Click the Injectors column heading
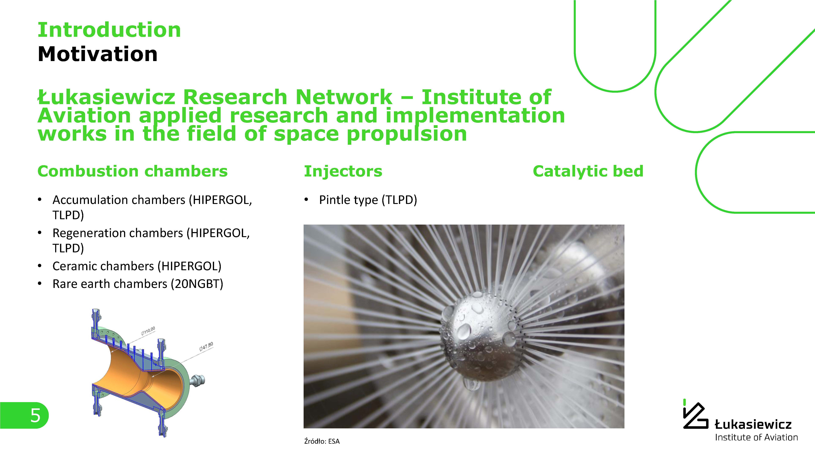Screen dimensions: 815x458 [x=343, y=171]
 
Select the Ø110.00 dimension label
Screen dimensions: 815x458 [x=148, y=331]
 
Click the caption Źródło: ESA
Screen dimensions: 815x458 [x=322, y=441]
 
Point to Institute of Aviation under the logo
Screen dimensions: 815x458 [x=756, y=437]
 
